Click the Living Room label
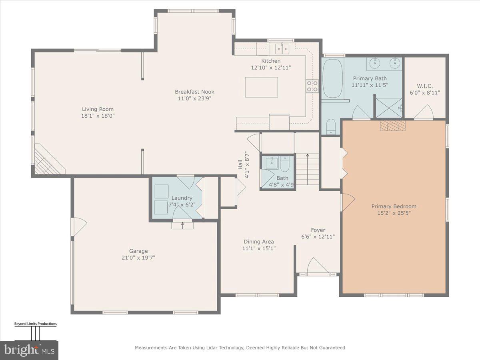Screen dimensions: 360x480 click(x=98, y=109)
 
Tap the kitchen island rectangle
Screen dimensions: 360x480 click(x=262, y=87)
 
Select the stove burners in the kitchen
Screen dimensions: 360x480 click(x=312, y=86)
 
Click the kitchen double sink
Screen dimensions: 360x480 click(x=282, y=49)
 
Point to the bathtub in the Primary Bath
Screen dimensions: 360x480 click(x=332, y=78)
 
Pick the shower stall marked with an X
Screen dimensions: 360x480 click(x=388, y=106)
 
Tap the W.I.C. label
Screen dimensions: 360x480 click(x=425, y=86)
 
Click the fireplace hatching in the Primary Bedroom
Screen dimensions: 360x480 click(x=392, y=126)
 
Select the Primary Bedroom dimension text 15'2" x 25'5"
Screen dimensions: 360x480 click(x=394, y=213)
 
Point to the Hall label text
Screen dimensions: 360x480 click(x=241, y=164)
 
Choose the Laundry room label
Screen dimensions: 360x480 click(x=182, y=198)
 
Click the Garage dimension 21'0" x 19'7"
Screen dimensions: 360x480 click(x=138, y=258)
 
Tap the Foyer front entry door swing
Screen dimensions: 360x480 click(x=318, y=266)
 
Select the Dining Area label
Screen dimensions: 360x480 click(x=259, y=242)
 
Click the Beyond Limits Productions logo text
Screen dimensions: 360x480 click(x=35, y=324)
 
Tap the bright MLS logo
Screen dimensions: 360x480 click(x=29, y=350)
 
